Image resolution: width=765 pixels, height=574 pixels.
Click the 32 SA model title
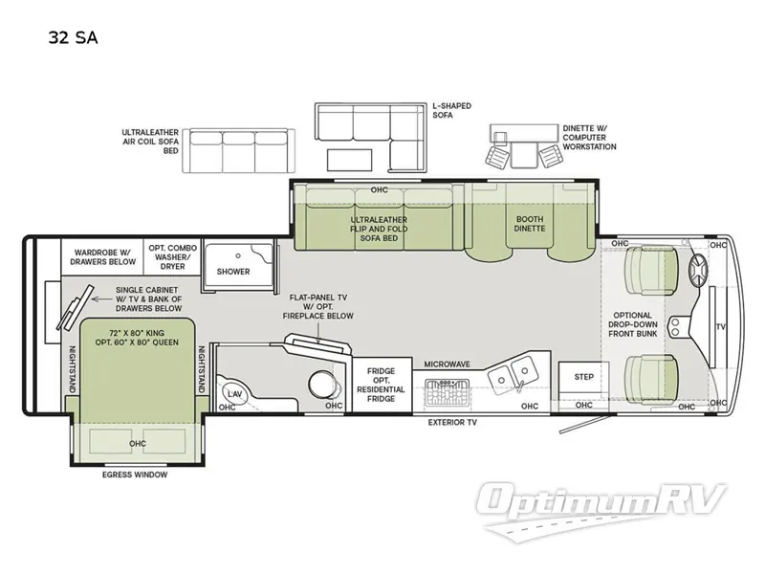(72, 38)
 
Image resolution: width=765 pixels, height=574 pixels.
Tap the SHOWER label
(232, 272)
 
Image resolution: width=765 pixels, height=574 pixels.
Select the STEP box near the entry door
(583, 377)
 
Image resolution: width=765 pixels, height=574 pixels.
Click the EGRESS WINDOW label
(135, 475)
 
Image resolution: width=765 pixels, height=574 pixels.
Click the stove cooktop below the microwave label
(448, 392)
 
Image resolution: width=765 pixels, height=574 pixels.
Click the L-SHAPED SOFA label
(451, 111)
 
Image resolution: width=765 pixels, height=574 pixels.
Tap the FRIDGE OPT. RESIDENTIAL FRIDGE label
(381, 383)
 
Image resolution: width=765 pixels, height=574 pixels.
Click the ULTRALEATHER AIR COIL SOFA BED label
(150, 142)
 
